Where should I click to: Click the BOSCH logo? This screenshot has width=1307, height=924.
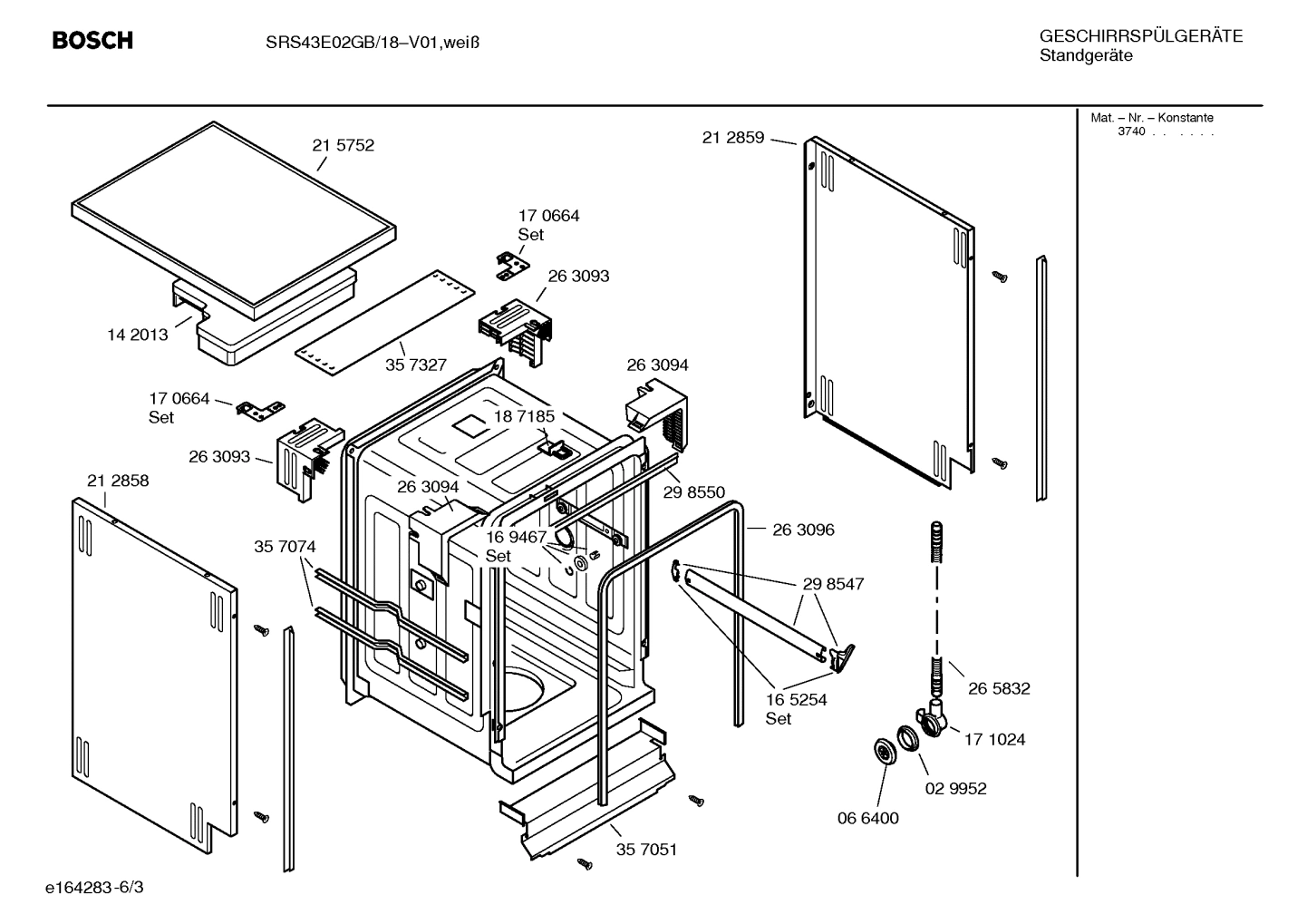click(92, 40)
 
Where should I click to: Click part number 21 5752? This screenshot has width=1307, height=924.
click(343, 145)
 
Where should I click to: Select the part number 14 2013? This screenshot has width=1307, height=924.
click(138, 335)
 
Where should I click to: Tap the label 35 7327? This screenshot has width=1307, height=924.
click(416, 365)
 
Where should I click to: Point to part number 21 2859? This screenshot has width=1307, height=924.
click(732, 138)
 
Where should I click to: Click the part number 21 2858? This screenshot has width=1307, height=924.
click(118, 481)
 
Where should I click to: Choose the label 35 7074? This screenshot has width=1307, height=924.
click(285, 546)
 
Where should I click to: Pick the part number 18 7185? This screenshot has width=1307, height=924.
click(524, 416)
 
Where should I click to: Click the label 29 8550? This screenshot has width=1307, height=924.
click(694, 492)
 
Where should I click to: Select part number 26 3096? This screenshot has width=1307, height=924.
click(803, 530)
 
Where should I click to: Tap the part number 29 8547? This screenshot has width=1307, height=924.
click(833, 584)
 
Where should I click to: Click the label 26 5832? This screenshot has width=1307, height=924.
click(999, 688)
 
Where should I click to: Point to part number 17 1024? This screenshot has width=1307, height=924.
click(994, 739)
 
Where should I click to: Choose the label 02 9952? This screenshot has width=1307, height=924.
click(955, 788)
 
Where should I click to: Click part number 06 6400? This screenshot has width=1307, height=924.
click(867, 818)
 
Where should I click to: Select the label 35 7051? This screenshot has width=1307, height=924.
click(646, 850)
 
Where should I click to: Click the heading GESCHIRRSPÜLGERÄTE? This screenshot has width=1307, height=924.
click(1140, 36)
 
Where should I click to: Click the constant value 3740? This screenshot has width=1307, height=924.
click(1130, 131)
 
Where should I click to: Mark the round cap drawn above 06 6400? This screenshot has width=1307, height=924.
click(881, 751)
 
